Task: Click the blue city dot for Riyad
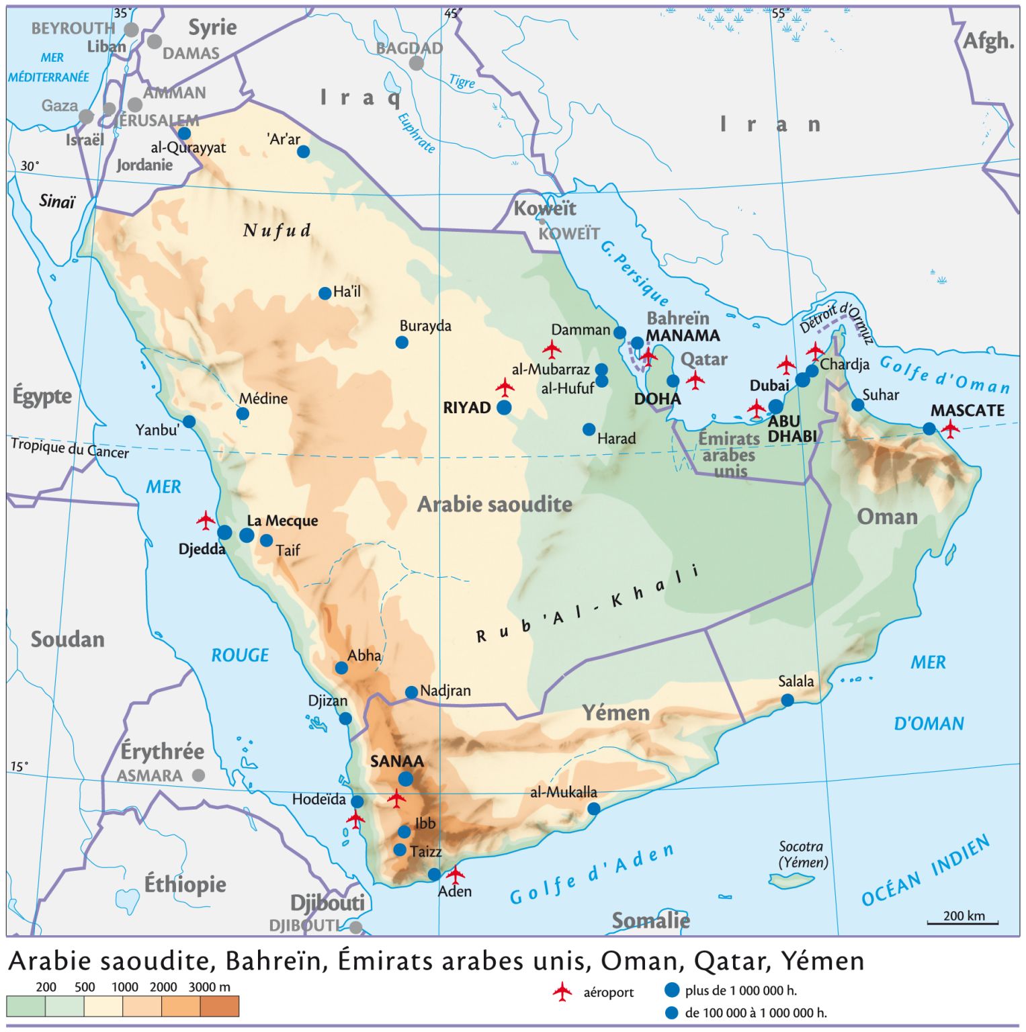coord(504,408)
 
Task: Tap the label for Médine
coord(263,398)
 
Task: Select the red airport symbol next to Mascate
coord(950,428)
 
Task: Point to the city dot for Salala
coord(787,701)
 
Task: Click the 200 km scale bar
coord(963,922)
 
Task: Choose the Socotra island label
coord(802,854)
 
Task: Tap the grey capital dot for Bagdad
coord(417,63)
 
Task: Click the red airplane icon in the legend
coord(562,992)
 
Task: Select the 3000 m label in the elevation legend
coord(209,987)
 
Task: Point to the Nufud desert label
coord(277,231)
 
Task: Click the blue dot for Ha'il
coord(325,293)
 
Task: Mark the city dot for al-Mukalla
coord(593,809)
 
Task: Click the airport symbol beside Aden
coord(456,874)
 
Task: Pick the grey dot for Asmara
coord(198,775)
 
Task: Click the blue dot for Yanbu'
coord(189,422)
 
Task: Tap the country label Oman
coord(886,517)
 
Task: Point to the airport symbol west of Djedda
coord(206,520)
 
